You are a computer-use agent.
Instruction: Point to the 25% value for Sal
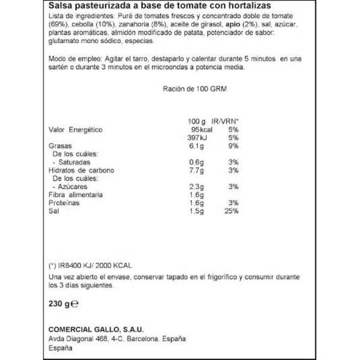(x=232, y=211)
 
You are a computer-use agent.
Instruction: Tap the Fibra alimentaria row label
(x=75, y=195)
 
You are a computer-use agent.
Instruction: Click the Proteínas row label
(x=64, y=203)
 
